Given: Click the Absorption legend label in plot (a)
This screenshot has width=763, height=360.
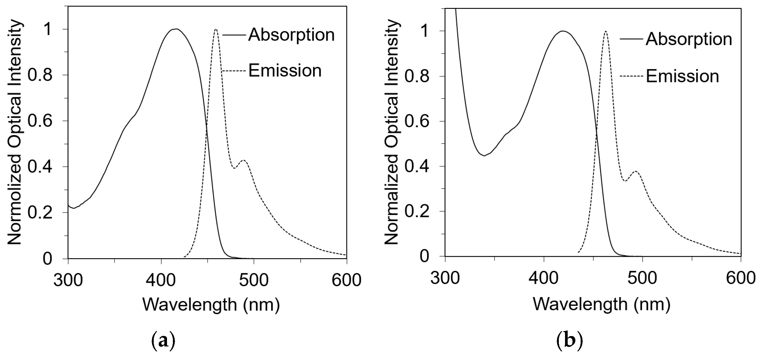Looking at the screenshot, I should coord(291,35).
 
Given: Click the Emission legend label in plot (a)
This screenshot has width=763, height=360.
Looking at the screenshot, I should coord(285,71).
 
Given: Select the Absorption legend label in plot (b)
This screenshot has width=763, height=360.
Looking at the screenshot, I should coord(689,40).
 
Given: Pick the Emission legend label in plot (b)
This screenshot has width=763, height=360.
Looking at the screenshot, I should coord(682,76).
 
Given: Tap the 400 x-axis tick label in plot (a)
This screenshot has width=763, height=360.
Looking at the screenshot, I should coord(161,280).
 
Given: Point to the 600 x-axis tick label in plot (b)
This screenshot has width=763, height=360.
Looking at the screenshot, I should coord(740,278).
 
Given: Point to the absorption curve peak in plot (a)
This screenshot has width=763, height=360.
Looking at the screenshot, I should coord(176,29).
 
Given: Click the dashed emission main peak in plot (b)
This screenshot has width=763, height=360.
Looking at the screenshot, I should coord(605,31).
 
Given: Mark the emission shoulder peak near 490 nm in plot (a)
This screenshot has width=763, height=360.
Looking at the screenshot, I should coord(243,160).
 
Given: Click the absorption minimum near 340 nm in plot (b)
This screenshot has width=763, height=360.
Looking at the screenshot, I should coord(484,156).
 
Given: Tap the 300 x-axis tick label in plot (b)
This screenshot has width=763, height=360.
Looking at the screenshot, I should coord(445,278).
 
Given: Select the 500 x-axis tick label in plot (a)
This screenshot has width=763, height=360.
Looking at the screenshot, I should coord(254,280).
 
